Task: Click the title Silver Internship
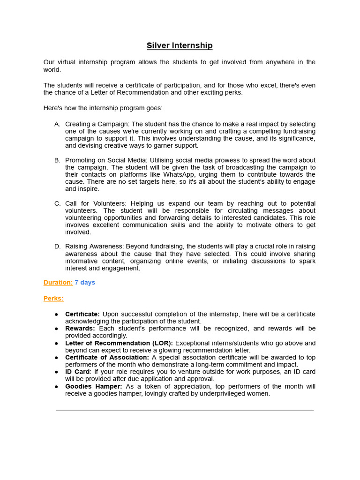coord(180,45)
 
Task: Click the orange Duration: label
coord(58,283)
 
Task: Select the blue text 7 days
coord(85,283)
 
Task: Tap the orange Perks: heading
coord(53,299)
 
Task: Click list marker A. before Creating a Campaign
coord(57,124)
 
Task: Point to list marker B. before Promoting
coord(57,160)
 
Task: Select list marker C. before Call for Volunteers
coord(57,203)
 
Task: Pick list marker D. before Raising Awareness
coord(57,247)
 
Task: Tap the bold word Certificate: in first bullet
coord(82,314)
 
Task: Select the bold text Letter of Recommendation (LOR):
coord(119,343)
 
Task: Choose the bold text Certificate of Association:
coord(107,358)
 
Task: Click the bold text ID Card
coord(77,372)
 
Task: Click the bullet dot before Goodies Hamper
coord(57,387)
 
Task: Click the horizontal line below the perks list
coord(185,411)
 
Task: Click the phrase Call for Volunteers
coord(96,203)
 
